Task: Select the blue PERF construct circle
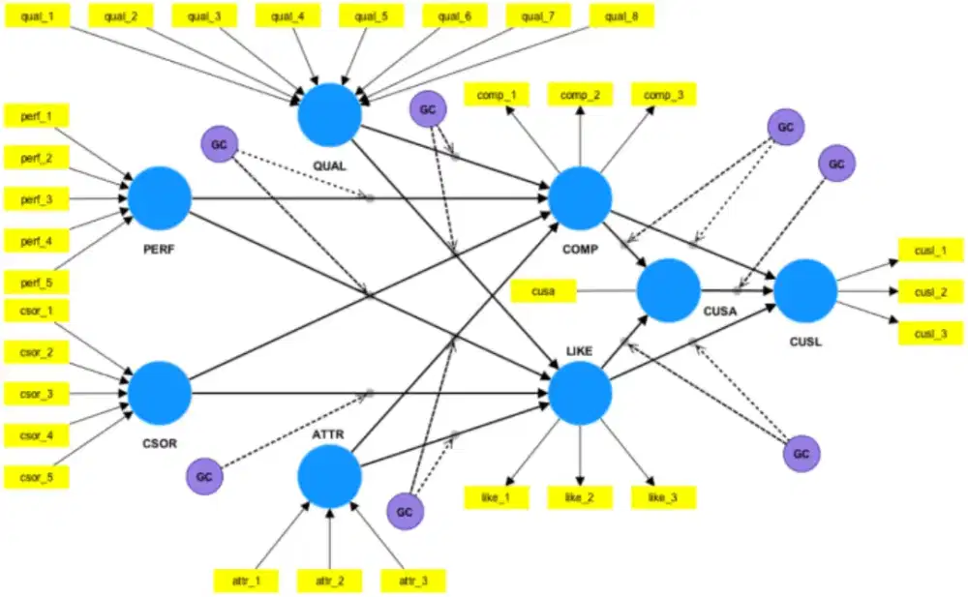160,197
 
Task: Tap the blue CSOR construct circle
160,393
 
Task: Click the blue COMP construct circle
580,197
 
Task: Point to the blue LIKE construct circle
580,393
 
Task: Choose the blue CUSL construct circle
804,290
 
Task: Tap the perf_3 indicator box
37,199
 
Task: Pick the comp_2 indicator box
580,95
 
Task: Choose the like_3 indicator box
663,497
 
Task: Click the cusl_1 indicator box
930,250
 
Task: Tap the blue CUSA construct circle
668,290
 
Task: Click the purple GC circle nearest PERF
219,145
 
